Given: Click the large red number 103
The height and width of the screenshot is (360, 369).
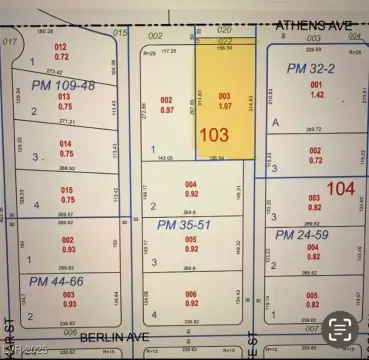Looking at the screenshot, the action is (x=215, y=133).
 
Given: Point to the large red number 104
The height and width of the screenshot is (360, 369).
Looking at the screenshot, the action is (x=340, y=187).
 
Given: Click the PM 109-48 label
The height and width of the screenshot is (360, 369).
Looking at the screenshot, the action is (x=62, y=86).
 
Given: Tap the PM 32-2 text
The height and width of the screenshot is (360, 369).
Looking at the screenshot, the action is (x=310, y=68).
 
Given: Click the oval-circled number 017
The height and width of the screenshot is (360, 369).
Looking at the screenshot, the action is (x=11, y=41).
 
